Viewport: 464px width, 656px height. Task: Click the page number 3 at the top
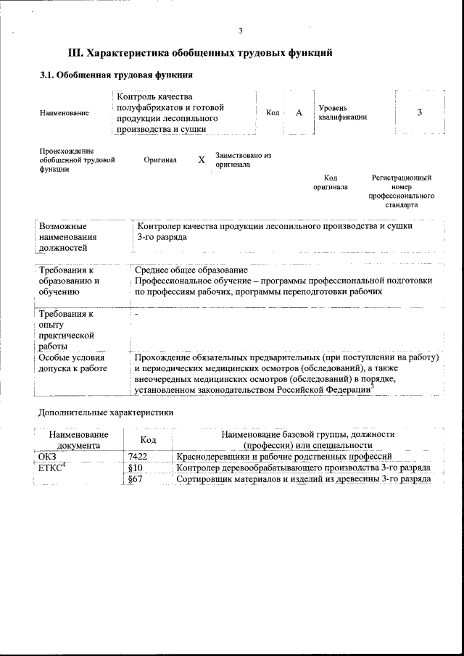coord(240,30)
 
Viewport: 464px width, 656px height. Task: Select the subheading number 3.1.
coord(46,74)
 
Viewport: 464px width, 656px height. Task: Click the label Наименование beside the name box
coord(65,113)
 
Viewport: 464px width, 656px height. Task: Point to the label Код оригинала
coord(330,182)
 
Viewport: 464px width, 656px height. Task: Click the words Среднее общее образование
coord(191,270)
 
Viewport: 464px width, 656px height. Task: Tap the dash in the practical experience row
coord(136,315)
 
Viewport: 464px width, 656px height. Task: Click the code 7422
coord(138,457)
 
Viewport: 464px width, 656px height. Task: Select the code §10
coord(134,468)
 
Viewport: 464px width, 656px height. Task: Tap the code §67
coord(134,480)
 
